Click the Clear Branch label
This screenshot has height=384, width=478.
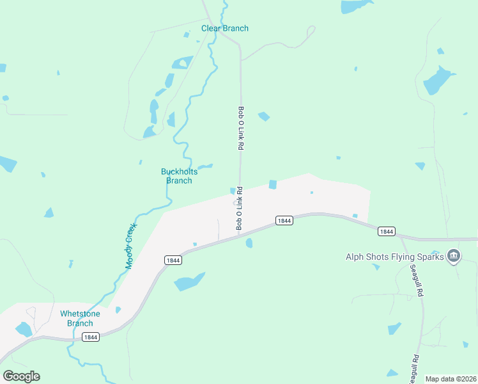(x=225, y=28)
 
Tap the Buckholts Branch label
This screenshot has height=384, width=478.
(x=179, y=176)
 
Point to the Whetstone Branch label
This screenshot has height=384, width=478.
(x=80, y=318)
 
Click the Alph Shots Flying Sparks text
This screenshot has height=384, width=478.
(x=394, y=257)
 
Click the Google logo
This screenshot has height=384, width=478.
(x=21, y=376)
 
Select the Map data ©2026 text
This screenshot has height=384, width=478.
(x=451, y=379)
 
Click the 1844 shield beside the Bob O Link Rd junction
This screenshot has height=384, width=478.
(x=284, y=221)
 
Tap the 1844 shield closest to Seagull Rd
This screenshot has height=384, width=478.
(x=386, y=231)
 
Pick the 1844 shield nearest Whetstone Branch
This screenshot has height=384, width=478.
(x=91, y=337)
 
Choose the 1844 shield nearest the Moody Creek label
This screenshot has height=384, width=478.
(x=173, y=260)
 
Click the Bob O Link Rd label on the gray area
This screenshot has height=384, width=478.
(x=240, y=209)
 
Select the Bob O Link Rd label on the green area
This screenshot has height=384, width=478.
(x=242, y=128)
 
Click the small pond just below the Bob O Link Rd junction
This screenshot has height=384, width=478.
(x=249, y=243)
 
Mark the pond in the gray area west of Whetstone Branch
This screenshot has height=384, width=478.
(x=24, y=329)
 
